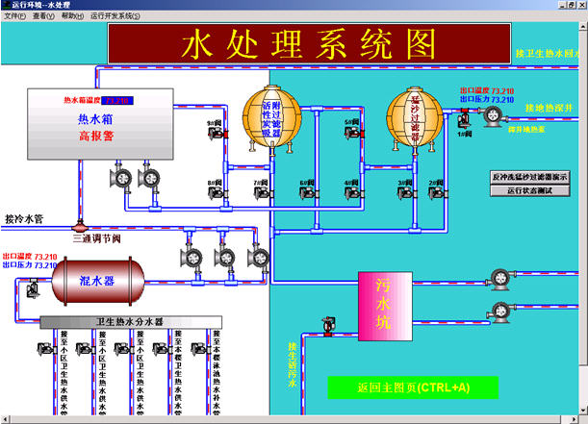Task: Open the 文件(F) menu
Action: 14,16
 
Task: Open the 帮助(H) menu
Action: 71,16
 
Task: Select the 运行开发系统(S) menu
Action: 115,16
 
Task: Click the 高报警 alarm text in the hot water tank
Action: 96,137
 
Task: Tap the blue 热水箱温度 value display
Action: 117,100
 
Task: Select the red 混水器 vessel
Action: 96,282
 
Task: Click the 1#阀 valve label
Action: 464,134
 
